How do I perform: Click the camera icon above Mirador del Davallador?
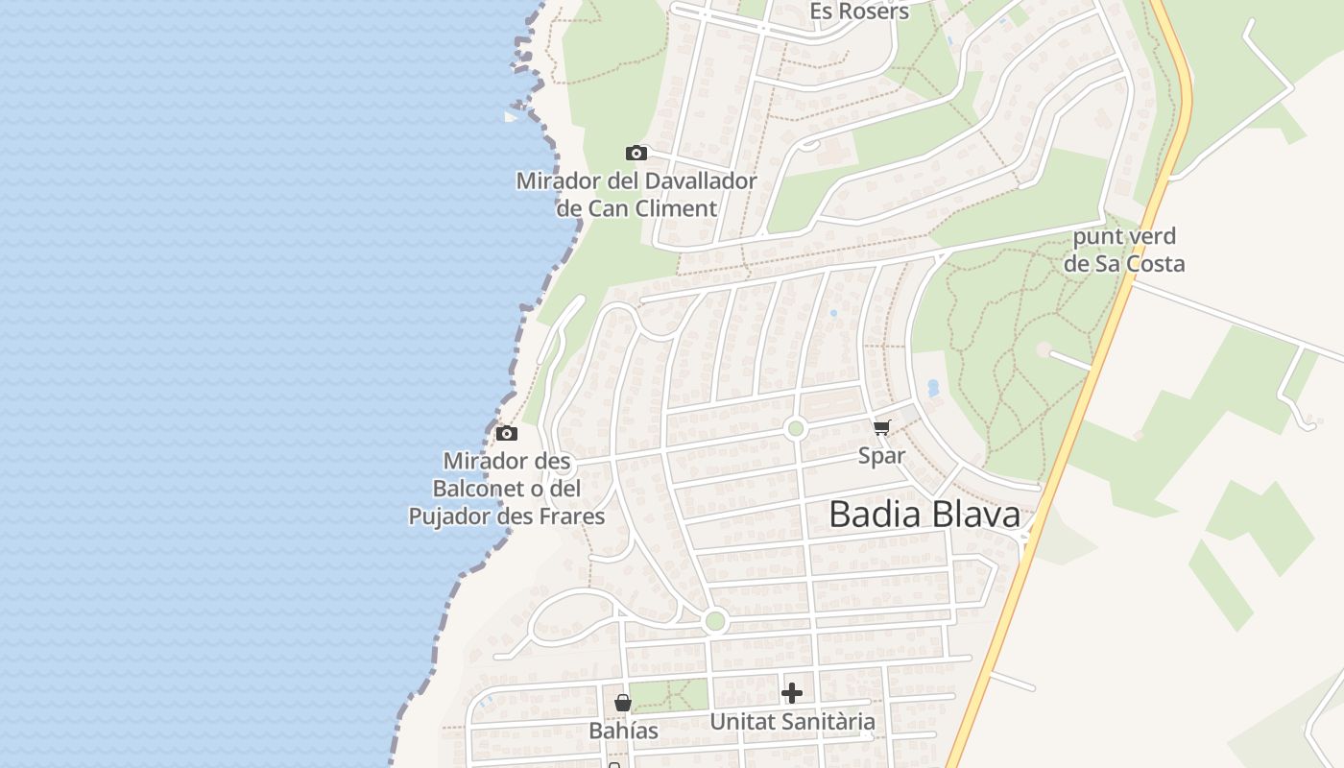click(636, 153)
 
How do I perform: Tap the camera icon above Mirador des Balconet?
click(507, 433)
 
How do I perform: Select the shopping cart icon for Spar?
click(881, 427)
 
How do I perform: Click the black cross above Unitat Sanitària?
click(792, 693)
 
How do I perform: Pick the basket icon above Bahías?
click(623, 704)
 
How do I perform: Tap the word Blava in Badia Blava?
click(972, 515)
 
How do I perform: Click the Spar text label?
click(881, 455)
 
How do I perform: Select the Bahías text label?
click(624, 731)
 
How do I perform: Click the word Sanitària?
click(830, 721)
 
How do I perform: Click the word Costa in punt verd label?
click(1154, 263)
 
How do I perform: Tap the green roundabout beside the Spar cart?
click(795, 428)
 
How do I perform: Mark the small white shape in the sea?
click(512, 116)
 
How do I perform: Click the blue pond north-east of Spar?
click(932, 388)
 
